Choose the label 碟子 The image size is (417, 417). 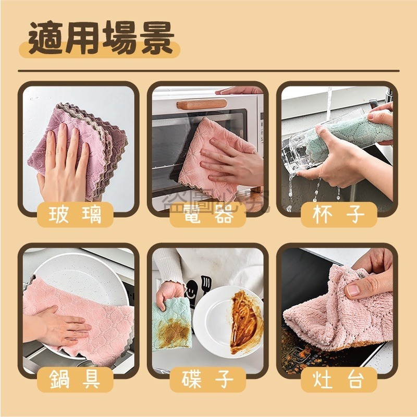pos(208,379)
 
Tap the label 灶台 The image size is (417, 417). pos(339,379)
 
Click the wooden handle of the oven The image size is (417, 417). pos(201,104)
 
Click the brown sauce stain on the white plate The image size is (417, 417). pos(244,321)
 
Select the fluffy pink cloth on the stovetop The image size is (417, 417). pos(334,308)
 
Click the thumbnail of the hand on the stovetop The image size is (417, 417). pos(353,290)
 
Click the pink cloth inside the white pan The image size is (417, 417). pos(78,318)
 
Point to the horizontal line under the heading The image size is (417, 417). pos(208,71)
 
